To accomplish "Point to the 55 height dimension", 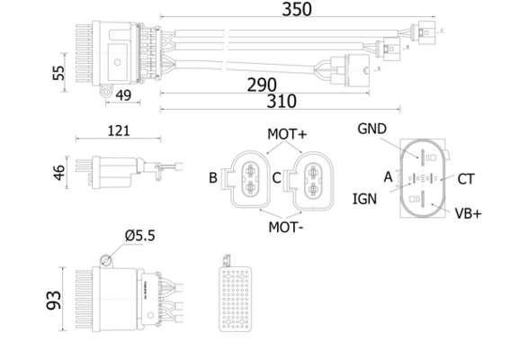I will [60, 73].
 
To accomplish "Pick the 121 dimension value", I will [118, 130].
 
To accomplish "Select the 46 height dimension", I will [60, 172].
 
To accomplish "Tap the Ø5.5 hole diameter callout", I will [139, 236].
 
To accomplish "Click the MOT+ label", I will [287, 134].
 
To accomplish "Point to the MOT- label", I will [286, 226].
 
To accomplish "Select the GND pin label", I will [371, 130].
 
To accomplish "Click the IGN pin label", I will [364, 197].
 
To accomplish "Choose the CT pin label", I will [465, 179].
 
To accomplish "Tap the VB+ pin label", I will [468, 213].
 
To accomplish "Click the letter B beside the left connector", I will [213, 178].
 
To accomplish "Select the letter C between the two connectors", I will [277, 178].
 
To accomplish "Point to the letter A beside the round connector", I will [388, 177].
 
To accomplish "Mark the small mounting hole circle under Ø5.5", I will [106, 260].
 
